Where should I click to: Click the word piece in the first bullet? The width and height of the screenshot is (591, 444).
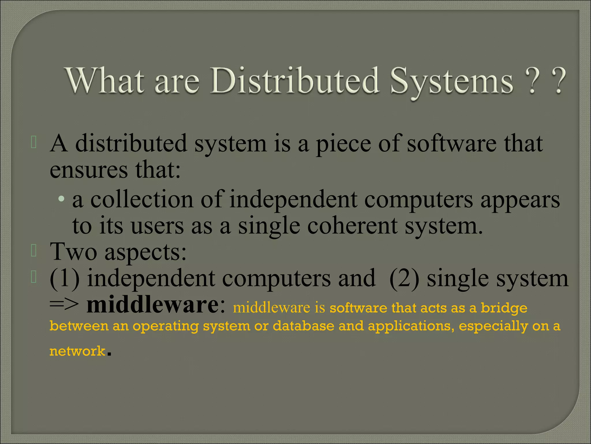343,144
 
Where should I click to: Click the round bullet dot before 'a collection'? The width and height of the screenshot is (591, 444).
61,199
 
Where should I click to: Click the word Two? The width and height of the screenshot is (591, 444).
74,251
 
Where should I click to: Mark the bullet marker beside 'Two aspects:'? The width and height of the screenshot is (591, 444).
34,251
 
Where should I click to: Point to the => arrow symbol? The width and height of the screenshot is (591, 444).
64,305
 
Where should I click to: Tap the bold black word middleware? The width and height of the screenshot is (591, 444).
153,305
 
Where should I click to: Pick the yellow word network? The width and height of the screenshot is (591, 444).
77,351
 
